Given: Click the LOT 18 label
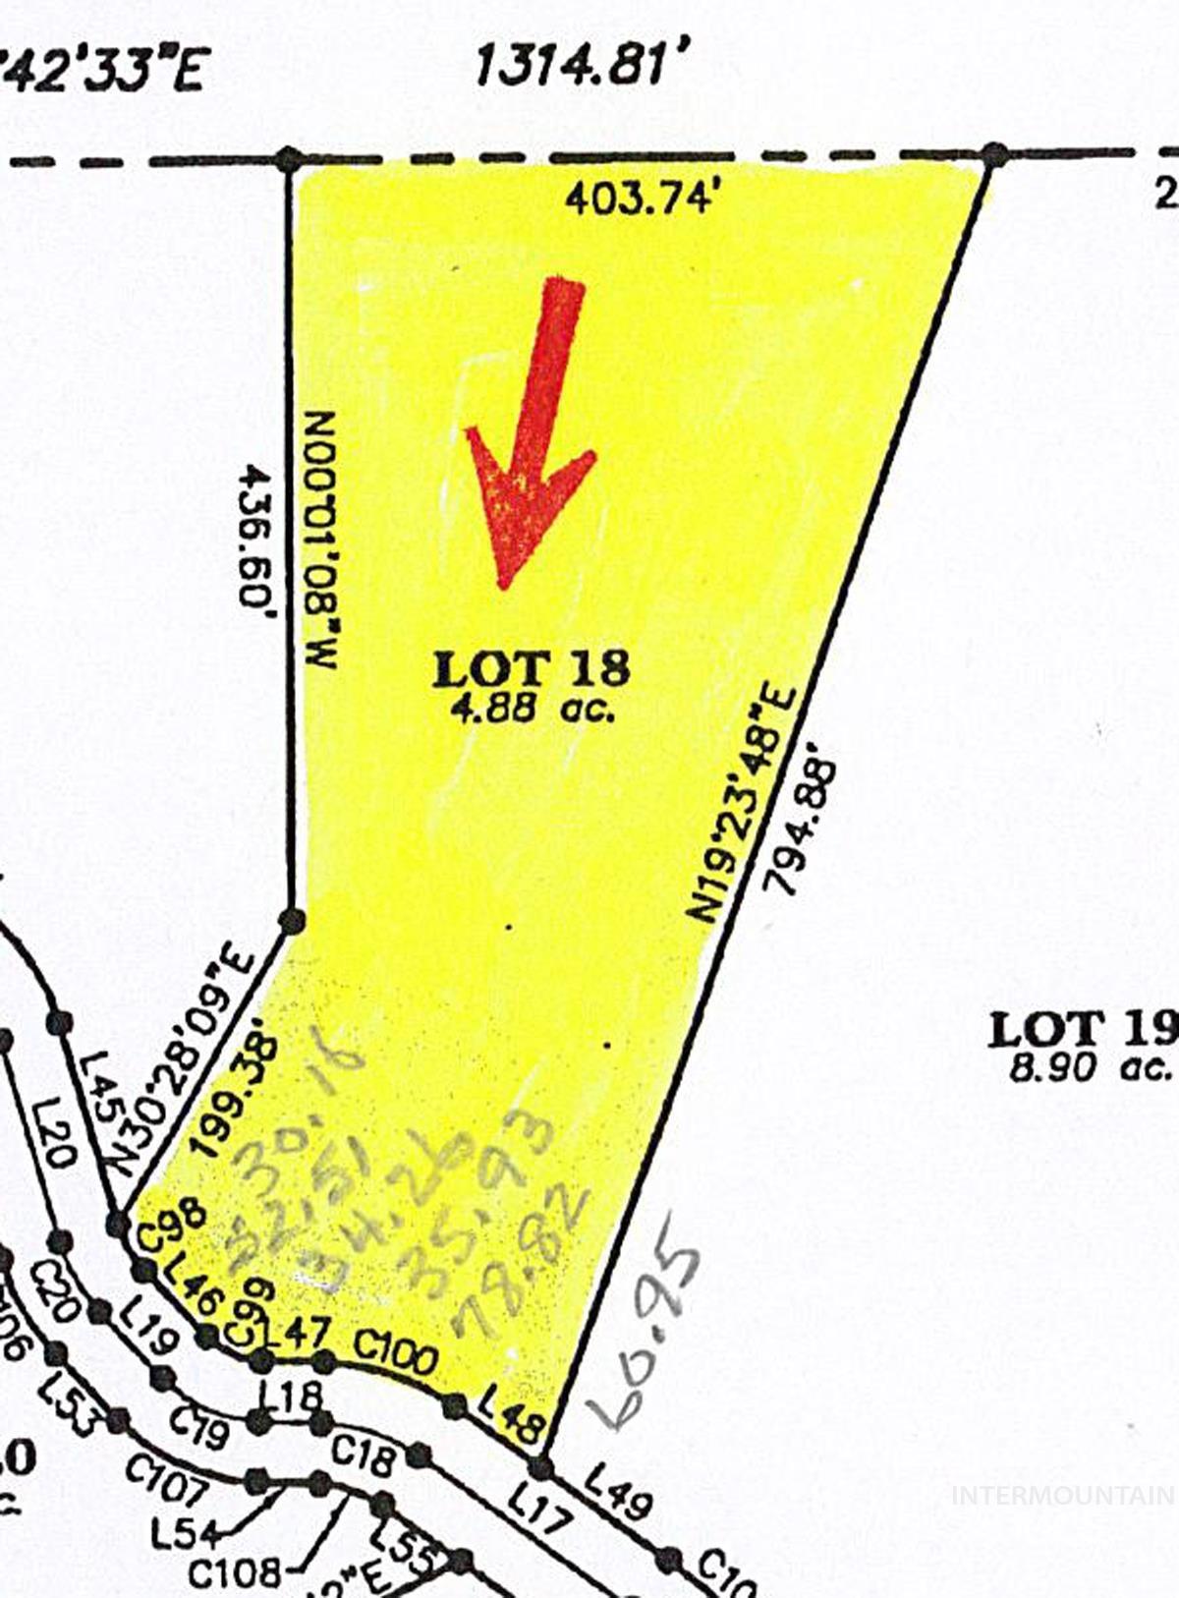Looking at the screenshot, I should [x=532, y=669].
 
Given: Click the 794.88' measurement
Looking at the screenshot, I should [x=805, y=824].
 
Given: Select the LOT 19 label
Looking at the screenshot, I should [x=1082, y=1030].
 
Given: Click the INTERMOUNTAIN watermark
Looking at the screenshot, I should [x=1063, y=1495].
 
